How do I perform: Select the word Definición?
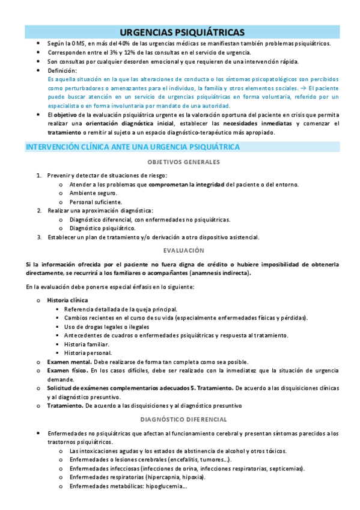coord(61,70)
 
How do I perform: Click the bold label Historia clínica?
coord(67,300)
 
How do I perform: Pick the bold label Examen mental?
coord(70,362)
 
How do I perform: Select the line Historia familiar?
coord(87,344)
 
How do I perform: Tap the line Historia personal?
coord(88,353)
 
